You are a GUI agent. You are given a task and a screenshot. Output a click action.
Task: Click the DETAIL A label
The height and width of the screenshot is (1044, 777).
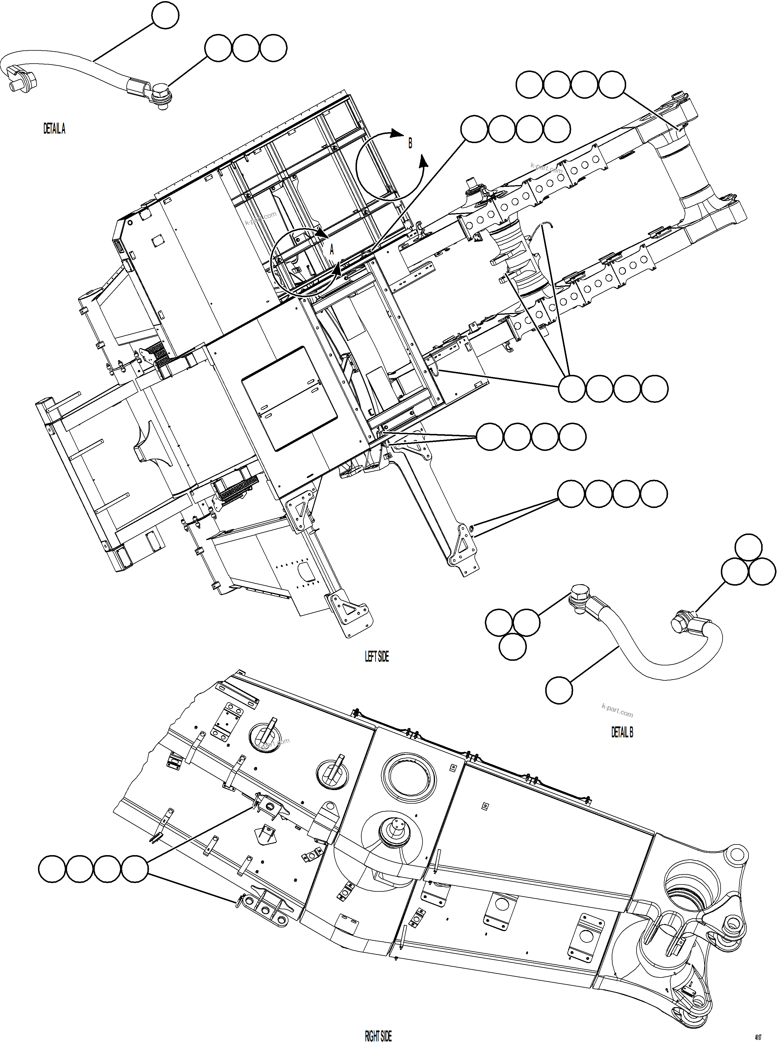coord(54,129)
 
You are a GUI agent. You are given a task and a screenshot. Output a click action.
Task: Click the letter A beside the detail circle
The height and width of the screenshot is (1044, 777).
coord(332,250)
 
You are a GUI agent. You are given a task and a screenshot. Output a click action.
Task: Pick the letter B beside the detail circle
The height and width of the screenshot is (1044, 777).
coord(410,143)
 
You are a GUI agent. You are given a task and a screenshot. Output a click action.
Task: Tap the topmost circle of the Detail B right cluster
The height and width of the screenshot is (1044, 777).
coord(748,547)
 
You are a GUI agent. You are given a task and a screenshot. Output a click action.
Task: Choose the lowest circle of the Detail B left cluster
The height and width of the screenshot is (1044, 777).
coord(512,646)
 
